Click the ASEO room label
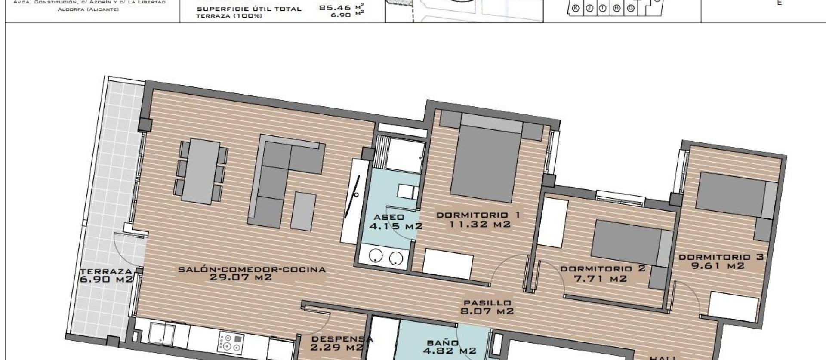pos(388,217)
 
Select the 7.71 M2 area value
pos(601,279)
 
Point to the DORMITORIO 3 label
pos(721,257)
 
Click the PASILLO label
pos(487,303)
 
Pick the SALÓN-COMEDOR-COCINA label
pos(252,270)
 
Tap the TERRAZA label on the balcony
pos(106,272)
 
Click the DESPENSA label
pos(342,339)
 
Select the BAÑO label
pos(443,343)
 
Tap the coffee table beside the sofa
pos(303,211)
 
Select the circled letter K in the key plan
pos(576,8)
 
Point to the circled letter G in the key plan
pos(631,8)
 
